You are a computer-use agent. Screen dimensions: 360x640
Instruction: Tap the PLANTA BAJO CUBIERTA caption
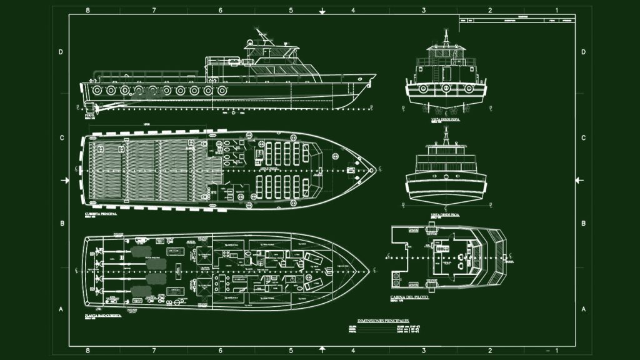point(104,317)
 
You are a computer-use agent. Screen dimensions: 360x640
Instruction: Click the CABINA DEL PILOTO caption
point(409,297)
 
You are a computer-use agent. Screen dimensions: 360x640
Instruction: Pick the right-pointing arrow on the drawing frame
point(65,181)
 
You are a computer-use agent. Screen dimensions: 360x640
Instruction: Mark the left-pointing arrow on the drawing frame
point(579,181)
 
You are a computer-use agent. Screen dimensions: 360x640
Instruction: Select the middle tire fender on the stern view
point(445,89)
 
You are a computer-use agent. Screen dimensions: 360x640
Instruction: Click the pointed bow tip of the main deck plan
point(376,169)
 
